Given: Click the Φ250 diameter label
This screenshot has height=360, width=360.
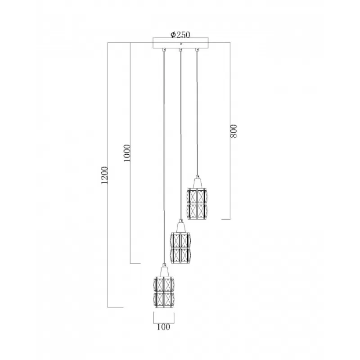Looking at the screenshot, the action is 180,35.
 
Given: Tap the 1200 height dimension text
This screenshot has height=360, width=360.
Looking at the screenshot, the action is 104,175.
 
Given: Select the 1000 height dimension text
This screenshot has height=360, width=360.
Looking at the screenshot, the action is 127,153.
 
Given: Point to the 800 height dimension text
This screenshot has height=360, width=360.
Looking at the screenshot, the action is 234,131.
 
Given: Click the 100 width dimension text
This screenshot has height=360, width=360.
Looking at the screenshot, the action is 163,327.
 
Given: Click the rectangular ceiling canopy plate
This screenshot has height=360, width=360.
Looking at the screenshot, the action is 181,43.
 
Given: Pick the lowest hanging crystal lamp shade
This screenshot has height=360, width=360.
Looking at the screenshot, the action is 164,292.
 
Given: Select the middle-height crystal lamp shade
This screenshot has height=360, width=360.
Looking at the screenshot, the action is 180,248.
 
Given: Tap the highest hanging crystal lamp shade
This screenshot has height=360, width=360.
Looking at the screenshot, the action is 197,204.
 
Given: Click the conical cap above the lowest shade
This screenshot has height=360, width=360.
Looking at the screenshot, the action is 164,270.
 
